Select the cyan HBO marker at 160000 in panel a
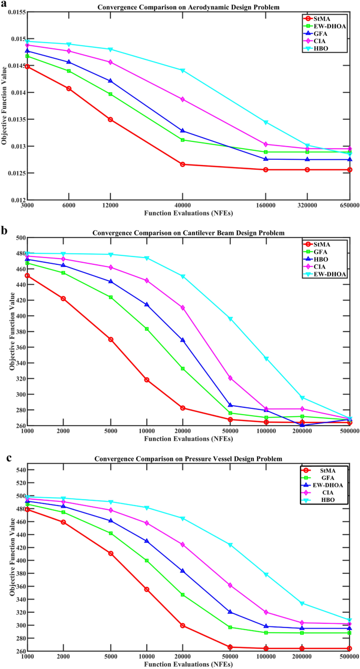(x=266, y=122)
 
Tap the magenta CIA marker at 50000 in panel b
(x=230, y=378)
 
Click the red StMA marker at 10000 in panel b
(x=147, y=380)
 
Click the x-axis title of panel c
(x=188, y=664)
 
